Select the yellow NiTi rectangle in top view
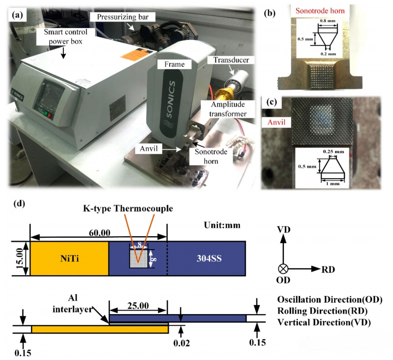point(69,258)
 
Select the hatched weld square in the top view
point(139,258)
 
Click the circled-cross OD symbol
point(283,269)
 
